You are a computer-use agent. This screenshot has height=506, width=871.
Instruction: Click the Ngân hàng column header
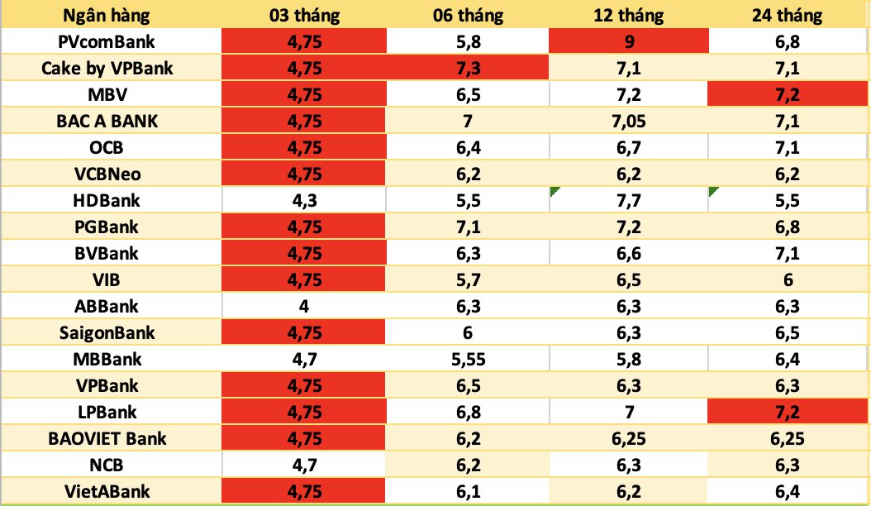tap(111, 14)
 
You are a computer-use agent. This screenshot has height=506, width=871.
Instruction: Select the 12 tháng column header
tap(630, 14)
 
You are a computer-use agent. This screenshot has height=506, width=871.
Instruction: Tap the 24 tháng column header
tap(788, 14)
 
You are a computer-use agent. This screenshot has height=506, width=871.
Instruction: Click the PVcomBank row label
tap(111, 41)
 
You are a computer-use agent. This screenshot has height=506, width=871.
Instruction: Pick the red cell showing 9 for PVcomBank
tap(630, 41)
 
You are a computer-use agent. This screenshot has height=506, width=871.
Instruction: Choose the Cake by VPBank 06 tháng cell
tap(468, 67)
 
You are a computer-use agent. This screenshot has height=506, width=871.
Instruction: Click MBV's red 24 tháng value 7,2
tap(788, 93)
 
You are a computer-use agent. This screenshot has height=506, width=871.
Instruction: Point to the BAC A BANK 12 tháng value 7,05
tap(630, 121)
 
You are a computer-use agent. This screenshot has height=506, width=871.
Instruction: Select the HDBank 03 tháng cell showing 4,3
tap(304, 200)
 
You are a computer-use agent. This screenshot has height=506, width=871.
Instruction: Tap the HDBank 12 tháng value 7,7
tap(630, 200)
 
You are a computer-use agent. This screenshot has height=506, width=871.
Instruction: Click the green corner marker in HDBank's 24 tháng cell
tap(712, 192)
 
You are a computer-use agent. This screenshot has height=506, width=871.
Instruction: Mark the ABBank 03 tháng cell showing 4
tap(304, 306)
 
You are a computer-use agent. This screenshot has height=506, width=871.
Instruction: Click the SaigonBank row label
tap(111, 332)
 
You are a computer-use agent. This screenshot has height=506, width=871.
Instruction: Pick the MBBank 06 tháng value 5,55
tap(468, 359)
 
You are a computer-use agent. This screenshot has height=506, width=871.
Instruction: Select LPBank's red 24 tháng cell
tap(788, 412)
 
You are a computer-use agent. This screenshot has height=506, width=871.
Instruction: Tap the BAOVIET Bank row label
tap(111, 438)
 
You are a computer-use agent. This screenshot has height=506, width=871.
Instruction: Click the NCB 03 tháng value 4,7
tap(304, 465)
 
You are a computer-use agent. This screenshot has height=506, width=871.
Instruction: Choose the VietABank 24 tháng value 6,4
tap(788, 492)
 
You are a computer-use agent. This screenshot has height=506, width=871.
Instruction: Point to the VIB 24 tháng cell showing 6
tap(788, 279)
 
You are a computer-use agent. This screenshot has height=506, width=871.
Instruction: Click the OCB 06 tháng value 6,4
tap(468, 147)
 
